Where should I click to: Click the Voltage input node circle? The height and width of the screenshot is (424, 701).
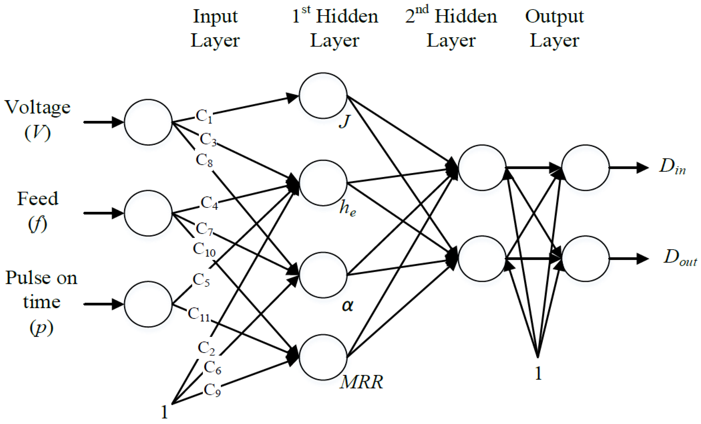click(x=148, y=122)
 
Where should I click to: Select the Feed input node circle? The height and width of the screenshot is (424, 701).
click(x=148, y=213)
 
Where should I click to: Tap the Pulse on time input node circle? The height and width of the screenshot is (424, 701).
click(x=148, y=304)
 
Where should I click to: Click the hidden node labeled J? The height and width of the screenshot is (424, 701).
click(x=323, y=95)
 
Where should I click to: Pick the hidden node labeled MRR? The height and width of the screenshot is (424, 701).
click(x=323, y=357)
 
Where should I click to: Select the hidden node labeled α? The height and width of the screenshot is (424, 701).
click(x=323, y=275)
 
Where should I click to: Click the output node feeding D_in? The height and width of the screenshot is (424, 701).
click(x=585, y=168)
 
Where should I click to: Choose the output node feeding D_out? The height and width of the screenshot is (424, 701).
click(x=585, y=259)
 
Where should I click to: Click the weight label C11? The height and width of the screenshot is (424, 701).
click(x=199, y=314)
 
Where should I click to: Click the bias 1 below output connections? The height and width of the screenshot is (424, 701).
click(x=538, y=373)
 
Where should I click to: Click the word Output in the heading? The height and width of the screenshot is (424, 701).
click(x=554, y=17)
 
